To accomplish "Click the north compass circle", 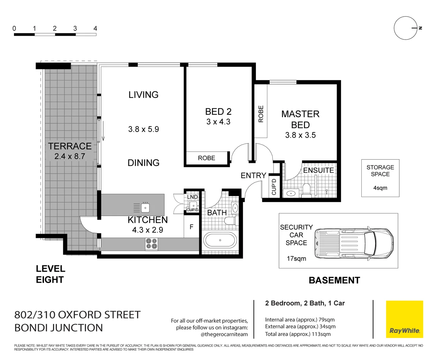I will tap(405, 28).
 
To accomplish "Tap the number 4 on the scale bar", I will tap(95, 29).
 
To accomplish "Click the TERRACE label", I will tap(70, 146).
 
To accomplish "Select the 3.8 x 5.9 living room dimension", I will tap(143, 129).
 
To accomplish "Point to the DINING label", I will tap(143, 163).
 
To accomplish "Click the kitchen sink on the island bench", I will tap(145, 208).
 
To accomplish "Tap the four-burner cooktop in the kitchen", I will tap(151, 244).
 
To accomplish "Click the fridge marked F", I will tap(192, 227).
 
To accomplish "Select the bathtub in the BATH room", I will tap(220, 240).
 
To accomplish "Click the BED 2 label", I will tap(218, 112).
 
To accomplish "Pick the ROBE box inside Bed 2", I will tap(207, 158).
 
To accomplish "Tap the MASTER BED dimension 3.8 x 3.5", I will tap(300, 135).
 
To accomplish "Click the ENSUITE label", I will tap(318, 170).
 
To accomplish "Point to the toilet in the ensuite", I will tap(306, 190).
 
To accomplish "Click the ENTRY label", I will tap(253, 175).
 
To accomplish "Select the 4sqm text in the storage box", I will tap(380, 188).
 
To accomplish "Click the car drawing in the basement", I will tap(354, 243).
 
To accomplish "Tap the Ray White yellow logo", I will tap(404, 319).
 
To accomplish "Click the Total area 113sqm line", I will tap(298, 334).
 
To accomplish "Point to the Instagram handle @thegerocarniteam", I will tap(224, 334).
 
